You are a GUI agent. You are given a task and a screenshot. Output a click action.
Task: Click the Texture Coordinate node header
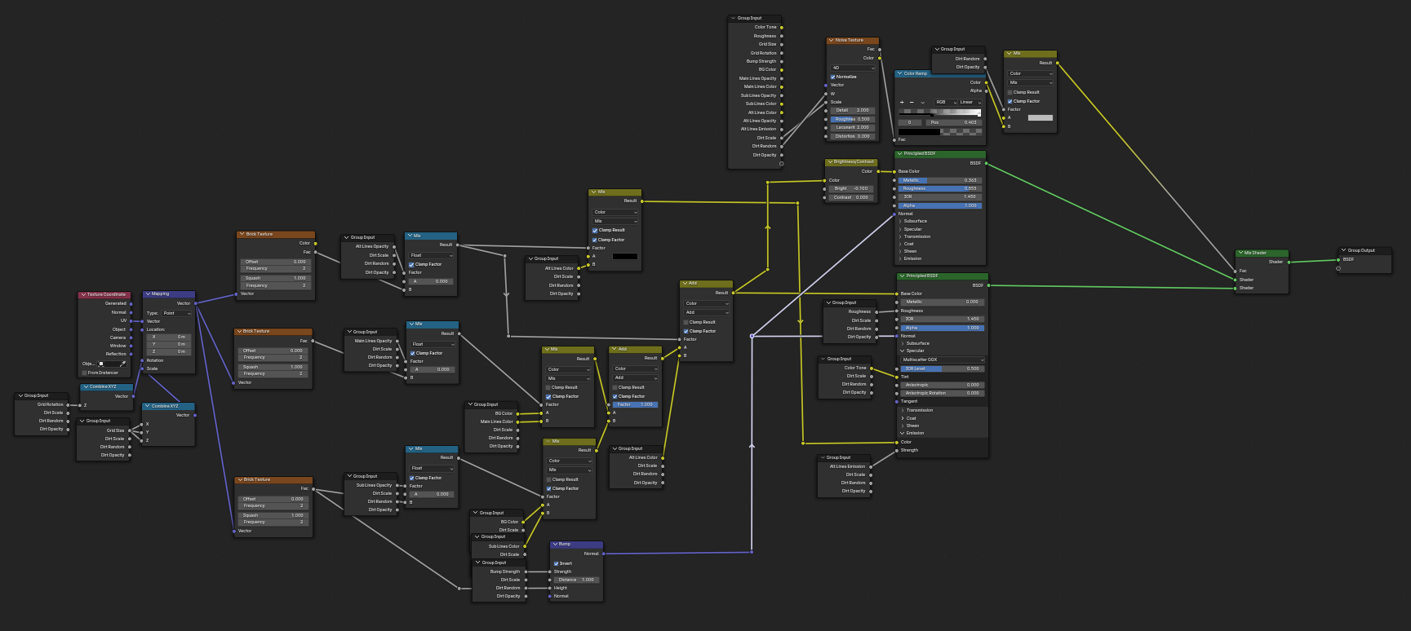click(x=107, y=294)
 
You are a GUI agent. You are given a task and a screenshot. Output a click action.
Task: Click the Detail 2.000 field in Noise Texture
click(x=852, y=110)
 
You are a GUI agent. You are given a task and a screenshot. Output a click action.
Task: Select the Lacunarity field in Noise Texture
click(x=852, y=127)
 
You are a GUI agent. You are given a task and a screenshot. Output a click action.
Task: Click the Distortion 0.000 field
click(x=852, y=136)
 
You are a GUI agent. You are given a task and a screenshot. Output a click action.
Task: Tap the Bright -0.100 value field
click(x=851, y=188)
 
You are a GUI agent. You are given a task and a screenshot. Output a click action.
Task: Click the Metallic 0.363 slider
click(x=939, y=180)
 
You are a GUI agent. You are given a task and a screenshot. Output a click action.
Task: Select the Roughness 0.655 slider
click(x=939, y=188)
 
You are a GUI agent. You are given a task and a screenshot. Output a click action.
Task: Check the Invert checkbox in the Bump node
click(x=557, y=563)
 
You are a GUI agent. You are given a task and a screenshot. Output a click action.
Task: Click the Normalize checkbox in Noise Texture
click(x=832, y=77)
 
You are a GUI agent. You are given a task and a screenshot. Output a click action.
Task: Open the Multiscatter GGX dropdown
click(x=943, y=360)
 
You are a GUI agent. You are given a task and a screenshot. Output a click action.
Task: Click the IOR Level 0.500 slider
click(x=942, y=368)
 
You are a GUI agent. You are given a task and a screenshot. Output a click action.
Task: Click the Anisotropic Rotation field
click(x=942, y=393)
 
